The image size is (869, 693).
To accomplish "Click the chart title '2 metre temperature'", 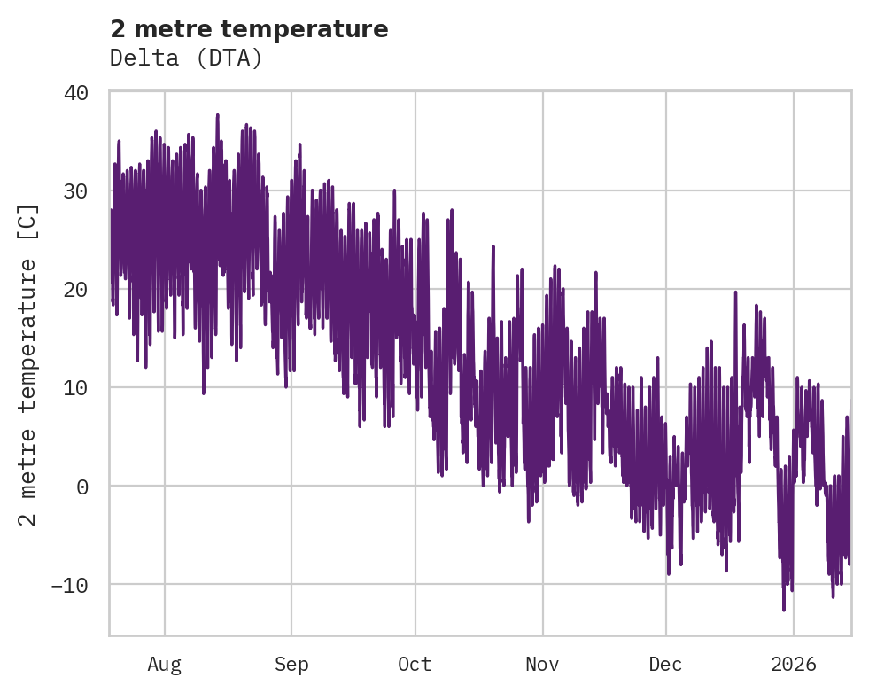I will [x=249, y=29].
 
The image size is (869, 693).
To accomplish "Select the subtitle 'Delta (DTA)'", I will [x=186, y=58].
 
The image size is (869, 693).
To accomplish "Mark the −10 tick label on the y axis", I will [x=69, y=585].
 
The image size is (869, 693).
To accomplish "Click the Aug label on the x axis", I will [x=164, y=665].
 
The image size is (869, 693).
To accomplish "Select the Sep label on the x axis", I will [x=291, y=665].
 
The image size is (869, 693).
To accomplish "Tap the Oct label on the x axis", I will [x=415, y=665].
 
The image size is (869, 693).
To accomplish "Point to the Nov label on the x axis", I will [x=542, y=665].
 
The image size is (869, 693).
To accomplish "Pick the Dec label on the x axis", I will [x=665, y=665].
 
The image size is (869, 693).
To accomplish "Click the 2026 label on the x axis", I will [x=794, y=665].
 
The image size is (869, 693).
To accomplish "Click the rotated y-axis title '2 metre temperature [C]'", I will [x=28, y=363].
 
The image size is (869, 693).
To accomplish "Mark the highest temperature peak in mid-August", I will [x=217, y=114].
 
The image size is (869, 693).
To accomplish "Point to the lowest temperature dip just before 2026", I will [x=784, y=610].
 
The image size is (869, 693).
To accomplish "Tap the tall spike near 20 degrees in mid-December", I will [x=735, y=292].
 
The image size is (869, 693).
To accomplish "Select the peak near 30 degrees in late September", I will [x=393, y=191].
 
